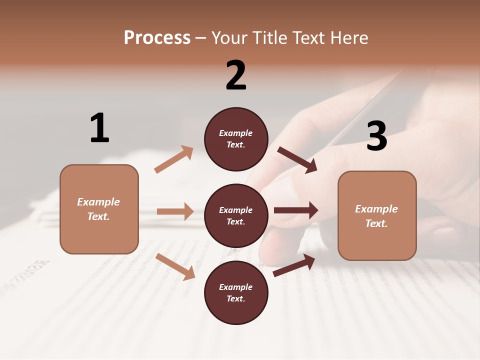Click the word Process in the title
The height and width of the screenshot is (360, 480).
[x=157, y=38]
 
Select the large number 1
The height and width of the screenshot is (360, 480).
[x=99, y=128]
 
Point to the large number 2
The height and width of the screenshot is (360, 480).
[x=236, y=75]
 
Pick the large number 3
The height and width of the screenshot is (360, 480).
[x=376, y=136]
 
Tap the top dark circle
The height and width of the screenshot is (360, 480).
[x=236, y=139]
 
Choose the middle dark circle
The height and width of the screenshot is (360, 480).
[x=236, y=215]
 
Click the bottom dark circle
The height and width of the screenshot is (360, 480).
[x=236, y=292]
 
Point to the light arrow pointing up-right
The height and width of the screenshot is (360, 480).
[x=174, y=159]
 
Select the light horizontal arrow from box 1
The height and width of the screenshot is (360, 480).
[x=175, y=211]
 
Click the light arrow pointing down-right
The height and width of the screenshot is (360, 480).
[x=175, y=266]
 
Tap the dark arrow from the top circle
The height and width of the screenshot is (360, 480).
[x=297, y=160]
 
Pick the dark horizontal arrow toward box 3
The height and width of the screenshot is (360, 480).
[x=295, y=210]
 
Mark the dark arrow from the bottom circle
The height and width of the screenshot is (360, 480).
[x=294, y=265]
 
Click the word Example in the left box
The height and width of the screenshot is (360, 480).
[x=98, y=202]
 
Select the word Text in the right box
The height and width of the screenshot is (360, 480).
[x=376, y=223]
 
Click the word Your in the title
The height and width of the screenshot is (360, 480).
[x=230, y=38]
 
